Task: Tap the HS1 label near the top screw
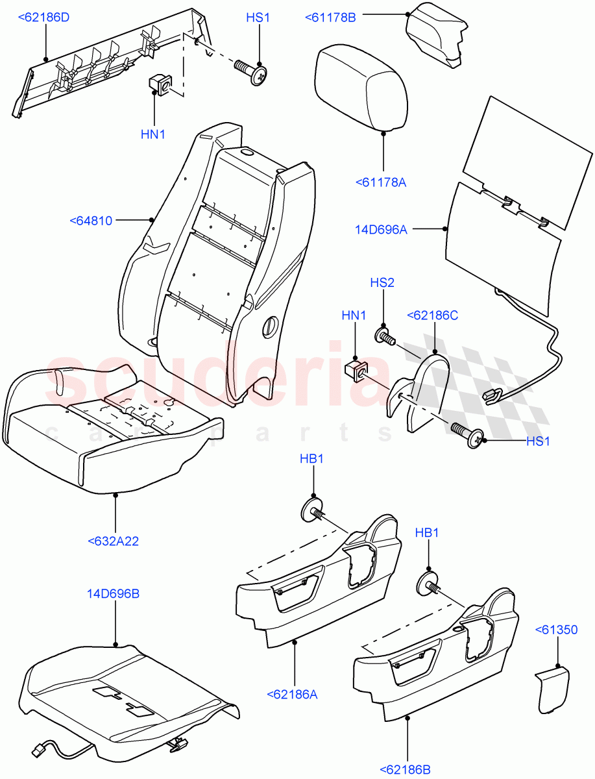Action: (258, 18)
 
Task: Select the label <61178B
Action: (330, 18)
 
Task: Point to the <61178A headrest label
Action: (381, 182)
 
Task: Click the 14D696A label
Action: (381, 229)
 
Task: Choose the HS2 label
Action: (382, 282)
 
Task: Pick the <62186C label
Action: (432, 315)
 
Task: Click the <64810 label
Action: (91, 221)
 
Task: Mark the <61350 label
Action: (556, 629)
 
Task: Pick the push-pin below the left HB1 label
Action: (315, 510)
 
